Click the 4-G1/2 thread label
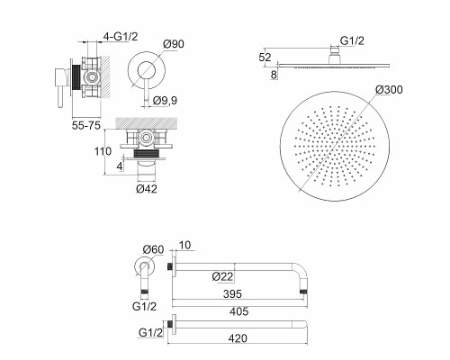tap(121, 37)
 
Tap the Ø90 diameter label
tap(174, 44)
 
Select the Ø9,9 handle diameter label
tap(165, 101)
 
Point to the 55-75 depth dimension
tap(86, 125)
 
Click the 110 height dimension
tap(103, 151)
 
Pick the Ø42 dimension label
tap(147, 189)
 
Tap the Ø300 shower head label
tap(389, 89)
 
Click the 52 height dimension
tap(265, 58)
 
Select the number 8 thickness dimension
tap(274, 75)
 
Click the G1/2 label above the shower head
tap(352, 40)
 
